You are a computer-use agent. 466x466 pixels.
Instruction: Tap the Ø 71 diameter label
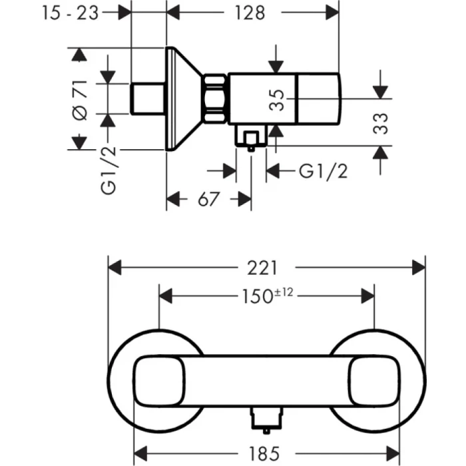[x=80, y=99]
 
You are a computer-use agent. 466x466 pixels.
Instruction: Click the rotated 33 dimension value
[x=381, y=124]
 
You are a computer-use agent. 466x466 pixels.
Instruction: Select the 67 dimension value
[x=208, y=199]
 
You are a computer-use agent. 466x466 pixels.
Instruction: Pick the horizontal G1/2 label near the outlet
[x=323, y=171]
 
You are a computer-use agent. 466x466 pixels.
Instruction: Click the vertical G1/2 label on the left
[x=109, y=170]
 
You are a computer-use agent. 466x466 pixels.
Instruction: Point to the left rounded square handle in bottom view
[x=160, y=381]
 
